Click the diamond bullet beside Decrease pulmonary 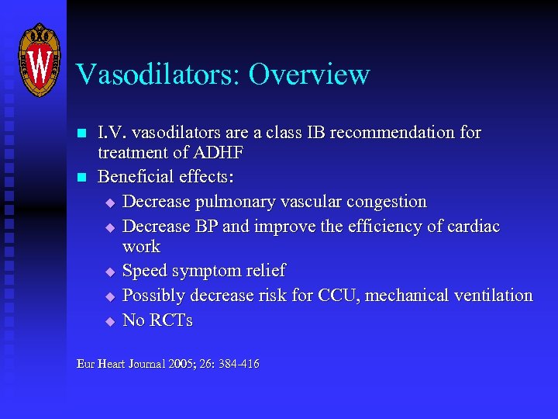109,203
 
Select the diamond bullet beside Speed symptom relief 109,272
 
